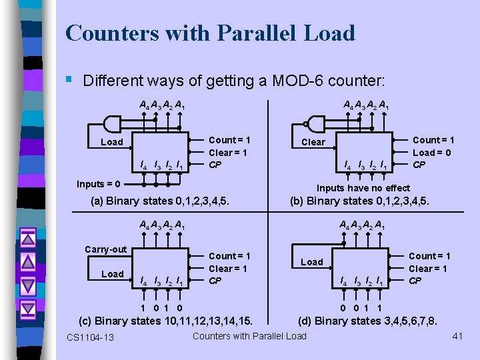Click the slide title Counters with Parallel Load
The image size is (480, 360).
coord(210,33)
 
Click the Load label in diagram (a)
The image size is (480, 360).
coord(111,142)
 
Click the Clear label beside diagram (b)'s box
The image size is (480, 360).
coord(313,142)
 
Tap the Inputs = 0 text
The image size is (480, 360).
coord(98,184)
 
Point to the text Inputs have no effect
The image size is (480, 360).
coord(363,188)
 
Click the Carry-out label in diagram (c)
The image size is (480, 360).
coord(105,249)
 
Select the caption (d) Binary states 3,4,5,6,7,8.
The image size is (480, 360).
coord(368,321)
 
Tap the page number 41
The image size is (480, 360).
coord(457,336)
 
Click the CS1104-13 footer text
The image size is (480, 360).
coord(90,337)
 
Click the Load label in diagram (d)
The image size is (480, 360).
coord(312,262)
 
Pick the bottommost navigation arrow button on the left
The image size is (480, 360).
coord(27,309)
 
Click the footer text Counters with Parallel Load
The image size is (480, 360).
coord(249,335)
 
